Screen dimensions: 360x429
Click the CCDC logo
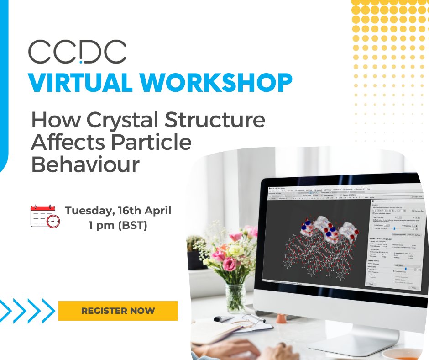(77, 52)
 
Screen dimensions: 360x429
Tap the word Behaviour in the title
(85, 164)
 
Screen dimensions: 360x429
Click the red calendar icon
(42, 216)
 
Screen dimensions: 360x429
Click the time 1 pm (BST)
(118, 226)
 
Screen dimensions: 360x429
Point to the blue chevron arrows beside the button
(28, 311)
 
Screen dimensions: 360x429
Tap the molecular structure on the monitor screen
(315, 247)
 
